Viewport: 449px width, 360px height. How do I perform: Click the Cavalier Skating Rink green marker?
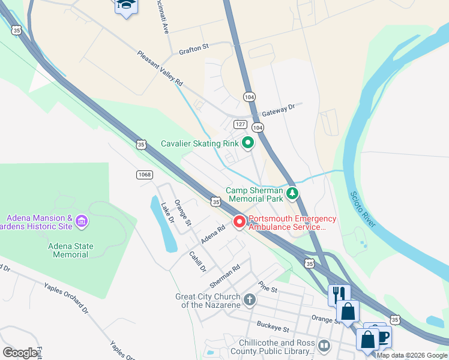click(247, 143)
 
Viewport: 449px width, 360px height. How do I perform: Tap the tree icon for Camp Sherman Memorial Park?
click(292, 193)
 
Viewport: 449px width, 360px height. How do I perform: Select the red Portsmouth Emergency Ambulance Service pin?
click(240, 222)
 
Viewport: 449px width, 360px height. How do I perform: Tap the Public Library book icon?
click(324, 346)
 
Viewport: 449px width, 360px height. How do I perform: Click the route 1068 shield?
click(144, 175)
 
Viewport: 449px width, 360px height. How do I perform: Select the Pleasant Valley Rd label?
click(160, 68)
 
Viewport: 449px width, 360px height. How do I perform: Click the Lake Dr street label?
click(166, 212)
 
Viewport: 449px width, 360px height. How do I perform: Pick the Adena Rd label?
click(212, 235)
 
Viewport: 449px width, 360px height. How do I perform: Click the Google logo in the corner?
click(20, 353)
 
